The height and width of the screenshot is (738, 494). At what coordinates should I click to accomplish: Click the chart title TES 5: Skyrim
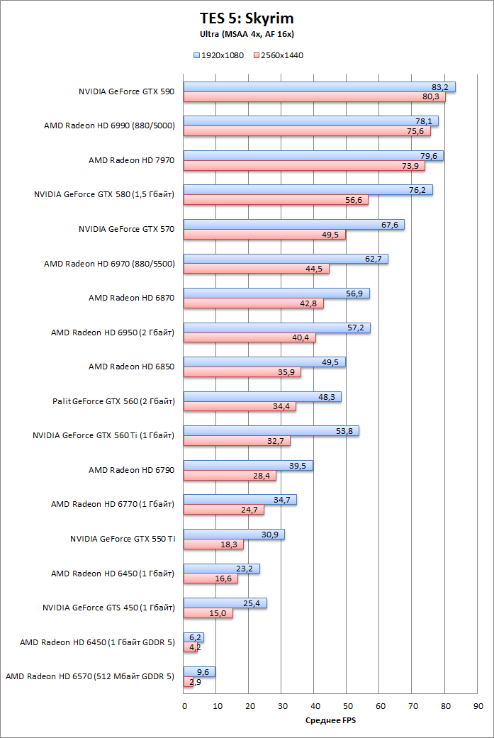tap(247, 18)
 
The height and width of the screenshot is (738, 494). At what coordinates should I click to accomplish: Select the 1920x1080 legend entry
tap(219, 55)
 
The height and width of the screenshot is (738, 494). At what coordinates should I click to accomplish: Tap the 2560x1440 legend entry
tap(279, 55)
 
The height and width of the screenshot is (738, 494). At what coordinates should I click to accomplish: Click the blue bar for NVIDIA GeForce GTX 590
tap(320, 87)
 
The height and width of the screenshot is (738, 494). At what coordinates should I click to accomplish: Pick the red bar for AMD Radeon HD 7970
tap(304, 166)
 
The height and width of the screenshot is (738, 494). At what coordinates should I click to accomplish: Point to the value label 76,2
tap(417, 190)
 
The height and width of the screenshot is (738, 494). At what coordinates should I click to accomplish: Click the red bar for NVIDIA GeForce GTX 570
tap(264, 235)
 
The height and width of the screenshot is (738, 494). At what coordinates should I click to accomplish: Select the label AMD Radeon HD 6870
tap(131, 298)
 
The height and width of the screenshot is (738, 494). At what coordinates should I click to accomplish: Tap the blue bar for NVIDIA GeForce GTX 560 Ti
tap(271, 430)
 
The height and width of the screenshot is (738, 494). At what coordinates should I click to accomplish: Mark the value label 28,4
tap(262, 476)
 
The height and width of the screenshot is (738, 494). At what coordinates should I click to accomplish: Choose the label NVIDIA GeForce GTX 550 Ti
tap(123, 539)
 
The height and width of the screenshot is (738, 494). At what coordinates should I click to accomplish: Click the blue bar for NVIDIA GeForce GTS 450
tap(225, 603)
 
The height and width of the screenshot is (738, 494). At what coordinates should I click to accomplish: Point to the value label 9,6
tap(203, 672)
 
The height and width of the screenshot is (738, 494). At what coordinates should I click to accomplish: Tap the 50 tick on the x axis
tap(348, 706)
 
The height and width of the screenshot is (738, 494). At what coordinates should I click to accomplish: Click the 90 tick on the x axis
tap(478, 706)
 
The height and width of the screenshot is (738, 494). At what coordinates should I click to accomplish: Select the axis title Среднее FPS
tap(330, 720)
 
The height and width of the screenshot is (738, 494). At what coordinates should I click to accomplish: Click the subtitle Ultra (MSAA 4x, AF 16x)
tap(247, 34)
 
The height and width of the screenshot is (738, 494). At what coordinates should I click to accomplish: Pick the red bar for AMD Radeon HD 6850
tap(242, 372)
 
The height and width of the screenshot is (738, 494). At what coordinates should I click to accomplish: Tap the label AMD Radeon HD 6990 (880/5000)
tap(109, 125)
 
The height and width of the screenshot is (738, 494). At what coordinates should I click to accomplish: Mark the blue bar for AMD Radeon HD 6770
tap(240, 500)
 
